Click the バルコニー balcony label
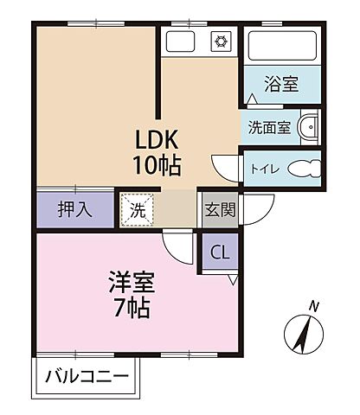[x=87, y=377]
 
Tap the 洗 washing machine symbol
[x=138, y=208]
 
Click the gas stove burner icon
[x=220, y=41]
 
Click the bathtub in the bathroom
[x=280, y=47]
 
